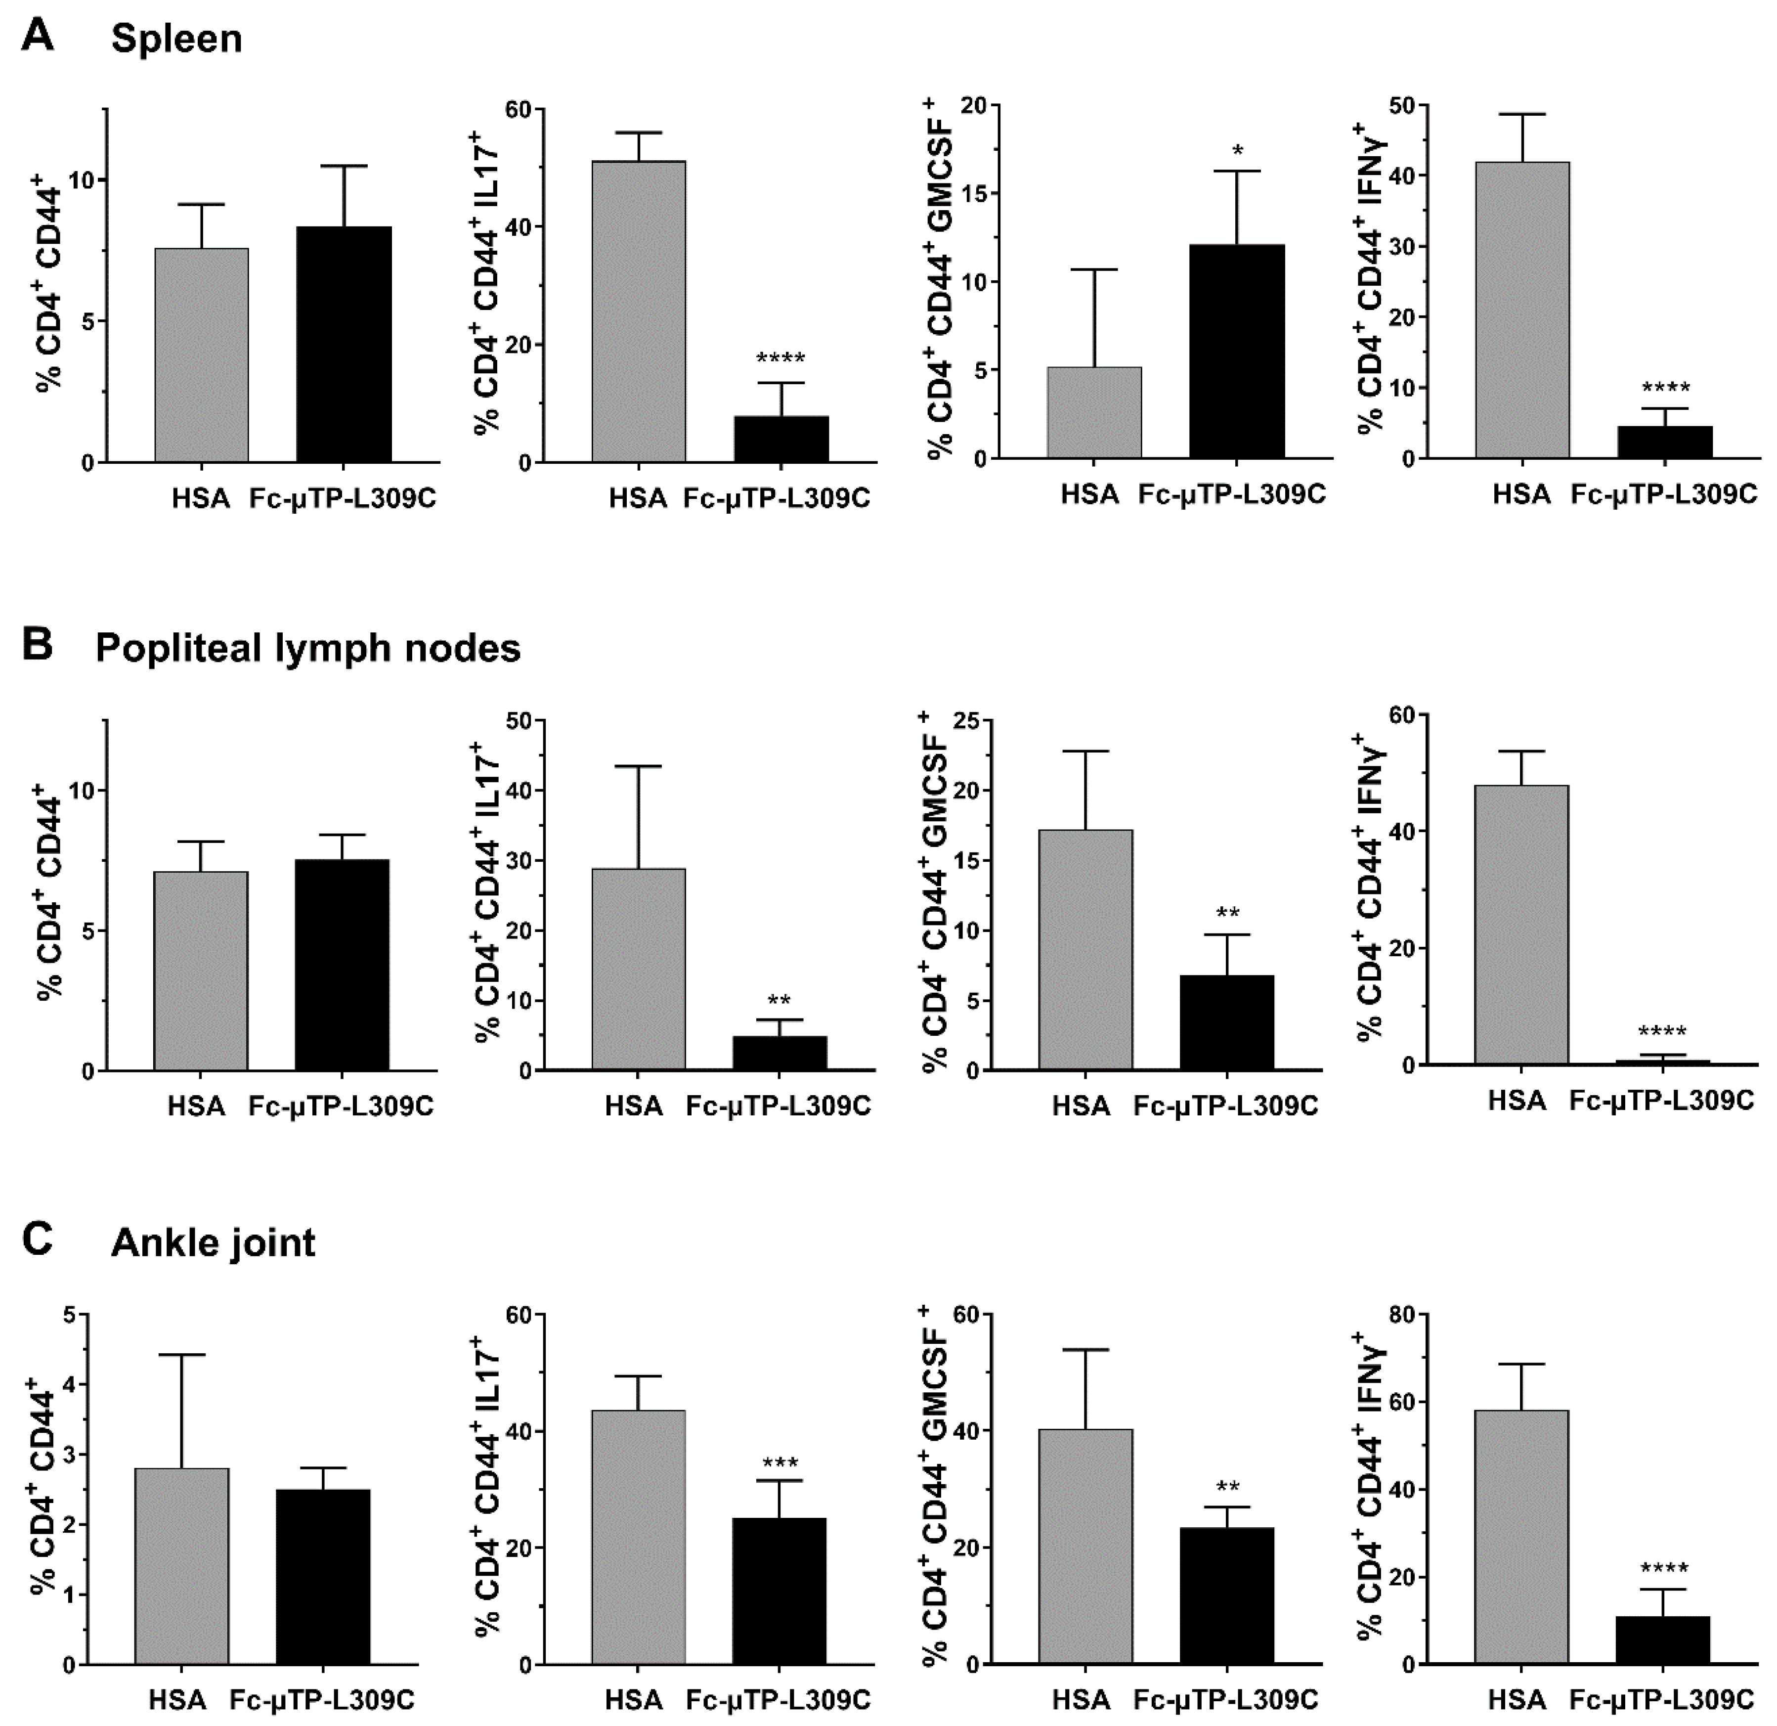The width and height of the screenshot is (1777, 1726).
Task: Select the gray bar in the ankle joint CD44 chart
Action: click(x=181, y=1566)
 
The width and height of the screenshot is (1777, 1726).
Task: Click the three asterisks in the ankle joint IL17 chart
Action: click(x=780, y=1462)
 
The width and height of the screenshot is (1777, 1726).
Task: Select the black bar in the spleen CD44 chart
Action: click(x=344, y=345)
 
